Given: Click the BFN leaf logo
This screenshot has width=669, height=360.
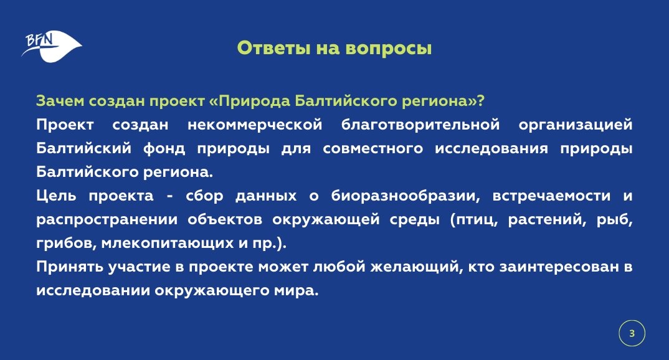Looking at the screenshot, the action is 52,46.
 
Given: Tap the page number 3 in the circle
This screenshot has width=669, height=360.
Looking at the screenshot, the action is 632,333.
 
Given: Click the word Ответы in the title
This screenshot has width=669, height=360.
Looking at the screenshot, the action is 273,48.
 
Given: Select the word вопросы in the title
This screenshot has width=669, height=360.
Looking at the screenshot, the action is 388,49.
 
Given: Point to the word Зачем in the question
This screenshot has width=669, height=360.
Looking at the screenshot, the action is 60,101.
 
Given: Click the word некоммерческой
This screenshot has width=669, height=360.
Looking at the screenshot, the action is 255,125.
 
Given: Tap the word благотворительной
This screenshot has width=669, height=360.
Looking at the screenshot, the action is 420,125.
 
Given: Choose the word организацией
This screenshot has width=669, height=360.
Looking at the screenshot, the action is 576,125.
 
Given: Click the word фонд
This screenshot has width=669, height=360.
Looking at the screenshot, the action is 164,149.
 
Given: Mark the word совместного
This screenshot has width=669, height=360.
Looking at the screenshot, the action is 373,149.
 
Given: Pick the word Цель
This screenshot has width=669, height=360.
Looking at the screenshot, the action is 56,196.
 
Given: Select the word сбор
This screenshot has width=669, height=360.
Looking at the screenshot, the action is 204,196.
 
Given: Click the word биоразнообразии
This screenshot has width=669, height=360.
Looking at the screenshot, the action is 406,196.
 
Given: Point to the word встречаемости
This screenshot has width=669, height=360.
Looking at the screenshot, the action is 551,196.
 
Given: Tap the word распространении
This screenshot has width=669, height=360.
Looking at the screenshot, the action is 106,220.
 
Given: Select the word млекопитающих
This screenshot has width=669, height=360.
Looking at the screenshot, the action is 167,244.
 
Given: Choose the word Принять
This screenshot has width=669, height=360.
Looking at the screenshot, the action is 70,267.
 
